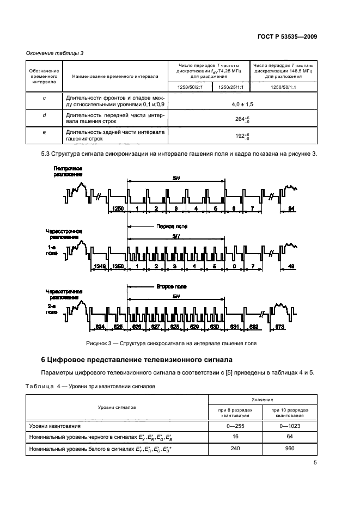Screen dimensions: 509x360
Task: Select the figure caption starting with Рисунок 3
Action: click(x=171, y=344)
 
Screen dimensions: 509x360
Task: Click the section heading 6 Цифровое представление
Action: click(x=137, y=360)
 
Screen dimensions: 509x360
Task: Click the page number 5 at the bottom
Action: click(x=315, y=463)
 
